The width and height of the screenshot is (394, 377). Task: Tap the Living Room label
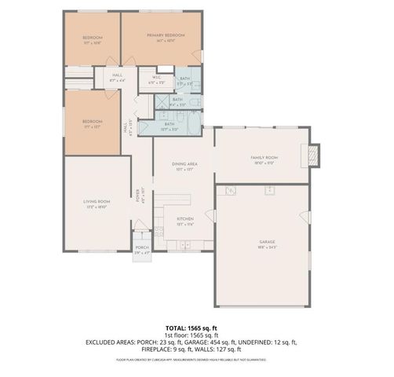coord(97,204)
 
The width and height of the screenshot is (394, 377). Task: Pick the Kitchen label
coord(184,220)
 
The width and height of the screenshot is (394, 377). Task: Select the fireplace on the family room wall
coord(315,155)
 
